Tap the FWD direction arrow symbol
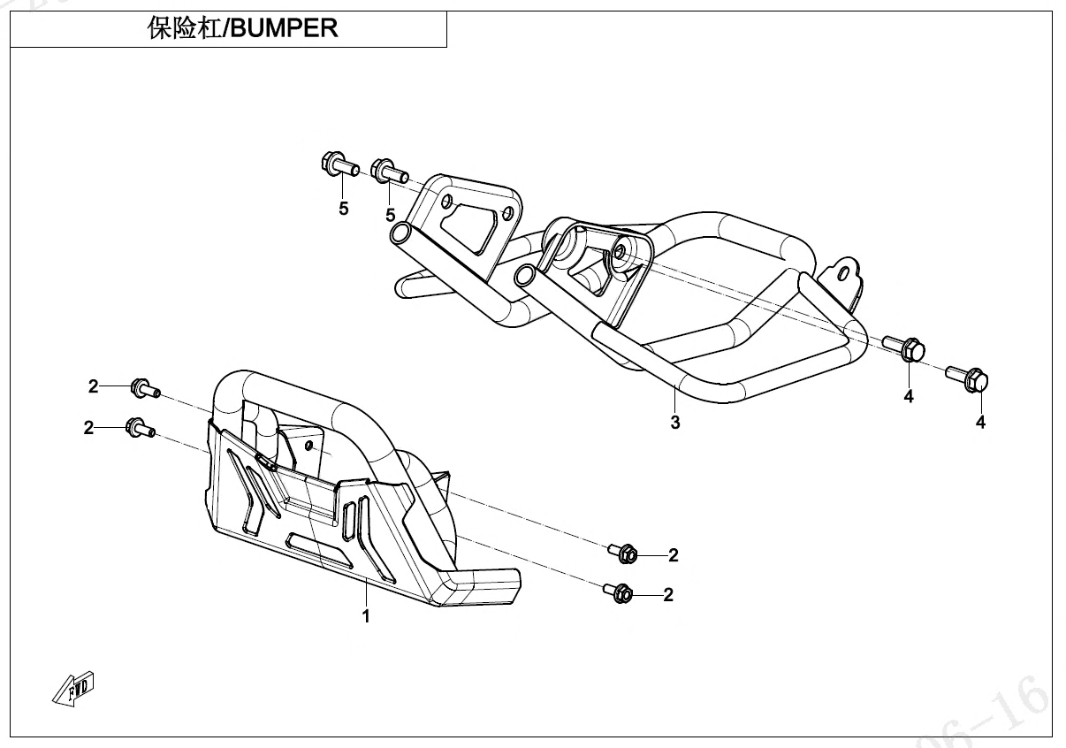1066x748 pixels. point(73,688)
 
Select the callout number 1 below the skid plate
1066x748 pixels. point(366,616)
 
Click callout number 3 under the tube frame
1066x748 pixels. point(675,423)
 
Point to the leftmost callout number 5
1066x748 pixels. point(344,209)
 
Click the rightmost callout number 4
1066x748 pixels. point(980,423)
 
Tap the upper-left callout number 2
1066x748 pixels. point(94,385)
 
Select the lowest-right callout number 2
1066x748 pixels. point(668,595)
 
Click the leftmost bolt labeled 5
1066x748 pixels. point(336,164)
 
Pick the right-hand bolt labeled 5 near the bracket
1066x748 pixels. point(388,170)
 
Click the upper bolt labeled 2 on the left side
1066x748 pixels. point(143,387)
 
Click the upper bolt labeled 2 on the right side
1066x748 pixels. point(624,553)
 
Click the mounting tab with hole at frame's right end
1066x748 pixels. point(845,271)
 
